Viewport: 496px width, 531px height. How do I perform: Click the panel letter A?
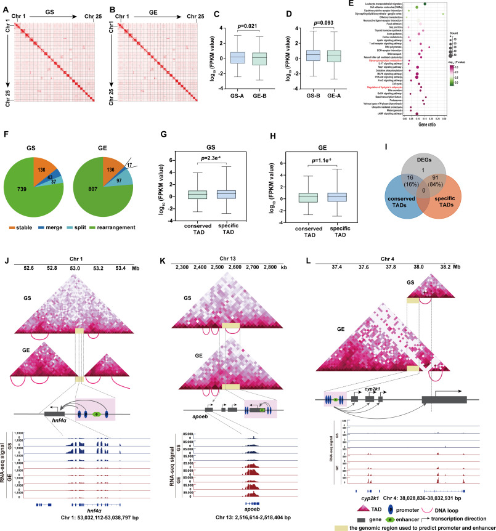pos(4,5)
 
